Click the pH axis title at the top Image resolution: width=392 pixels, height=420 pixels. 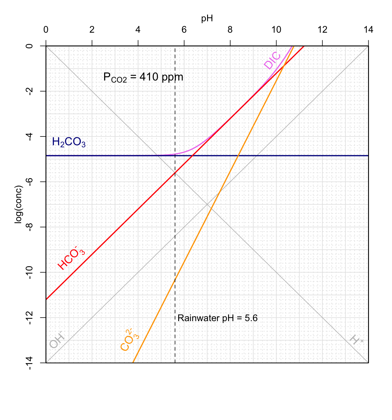pos(207,19)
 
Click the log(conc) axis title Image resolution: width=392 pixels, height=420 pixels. pos(19,204)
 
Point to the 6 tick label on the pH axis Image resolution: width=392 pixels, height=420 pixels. pos(184,30)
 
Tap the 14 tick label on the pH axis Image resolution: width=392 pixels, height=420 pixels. pos(368,30)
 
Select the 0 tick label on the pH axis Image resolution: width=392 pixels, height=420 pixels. pos(46,30)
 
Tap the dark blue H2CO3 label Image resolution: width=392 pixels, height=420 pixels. pos(69,142)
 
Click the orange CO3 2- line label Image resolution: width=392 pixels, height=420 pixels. pos(129,340)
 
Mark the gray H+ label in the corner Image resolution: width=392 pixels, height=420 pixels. pos(356,340)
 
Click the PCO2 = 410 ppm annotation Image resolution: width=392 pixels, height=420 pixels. pos(143,77)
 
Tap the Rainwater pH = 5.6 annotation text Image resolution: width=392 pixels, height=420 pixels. pos(217,318)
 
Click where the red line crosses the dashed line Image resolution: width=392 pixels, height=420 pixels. pos(175,173)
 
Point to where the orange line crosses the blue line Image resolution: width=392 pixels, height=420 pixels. pos(238,156)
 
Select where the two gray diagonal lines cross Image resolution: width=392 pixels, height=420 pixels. pos(207,204)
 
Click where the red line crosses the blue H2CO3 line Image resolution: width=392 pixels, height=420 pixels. pos(192,156)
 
